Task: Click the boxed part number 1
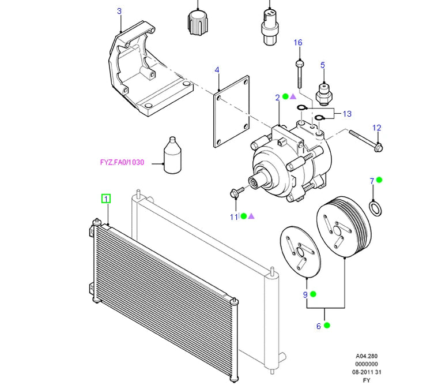[x=106, y=199]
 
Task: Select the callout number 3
[x=119, y=11]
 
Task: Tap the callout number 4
[x=217, y=70]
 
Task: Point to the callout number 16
[x=298, y=43]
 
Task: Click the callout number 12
[x=376, y=128]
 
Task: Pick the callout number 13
[x=347, y=114]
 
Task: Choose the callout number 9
[x=305, y=295]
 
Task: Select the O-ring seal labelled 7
[x=375, y=207]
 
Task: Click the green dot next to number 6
[x=327, y=326]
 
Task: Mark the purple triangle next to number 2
[x=293, y=96]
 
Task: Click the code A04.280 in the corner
[x=367, y=356]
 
